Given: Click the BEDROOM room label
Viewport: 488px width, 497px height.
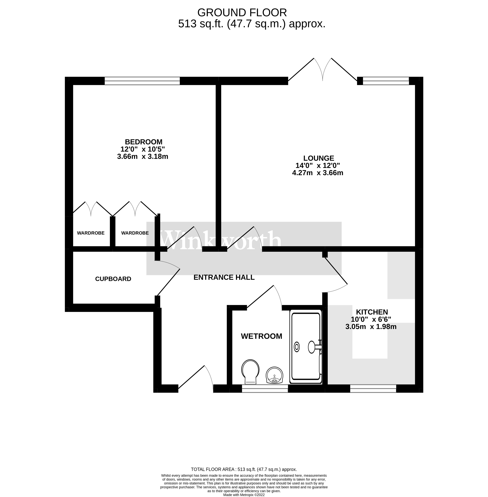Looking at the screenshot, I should pyautogui.click(x=144, y=142).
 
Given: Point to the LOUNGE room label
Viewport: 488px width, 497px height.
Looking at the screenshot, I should pyautogui.click(x=319, y=158).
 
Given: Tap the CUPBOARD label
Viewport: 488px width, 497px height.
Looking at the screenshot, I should pyautogui.click(x=113, y=279).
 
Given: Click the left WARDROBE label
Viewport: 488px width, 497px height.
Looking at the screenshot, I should pyautogui.click(x=91, y=233).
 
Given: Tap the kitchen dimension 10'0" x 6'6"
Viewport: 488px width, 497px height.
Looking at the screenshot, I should pyautogui.click(x=371, y=319).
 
